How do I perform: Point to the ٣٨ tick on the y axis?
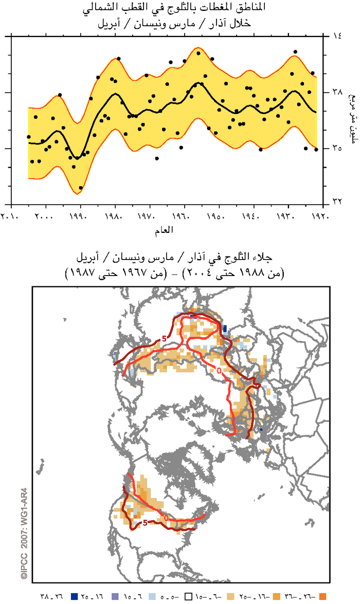(337, 93)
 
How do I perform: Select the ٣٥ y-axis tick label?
(337, 149)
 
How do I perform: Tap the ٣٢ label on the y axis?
(337, 201)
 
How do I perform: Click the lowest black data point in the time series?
(81, 188)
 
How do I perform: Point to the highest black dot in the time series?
(295, 52)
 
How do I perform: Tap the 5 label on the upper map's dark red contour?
(164, 338)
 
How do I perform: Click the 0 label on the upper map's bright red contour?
(219, 370)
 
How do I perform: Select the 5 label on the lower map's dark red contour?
(146, 523)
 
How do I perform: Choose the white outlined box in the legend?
(189, 596)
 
